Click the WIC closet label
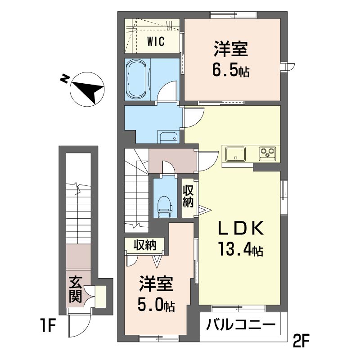click(x=156, y=41)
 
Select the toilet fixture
click(x=165, y=206)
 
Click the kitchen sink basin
click(x=235, y=154)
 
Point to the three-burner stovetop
click(x=267, y=153)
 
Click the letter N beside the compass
click(x=64, y=79)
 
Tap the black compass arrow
click(x=88, y=91)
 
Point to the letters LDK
click(x=240, y=228)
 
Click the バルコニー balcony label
click(x=240, y=324)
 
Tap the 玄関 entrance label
click(x=76, y=290)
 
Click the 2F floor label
click(x=301, y=342)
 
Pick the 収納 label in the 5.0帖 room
click(x=145, y=245)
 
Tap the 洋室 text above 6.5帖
click(x=231, y=49)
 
